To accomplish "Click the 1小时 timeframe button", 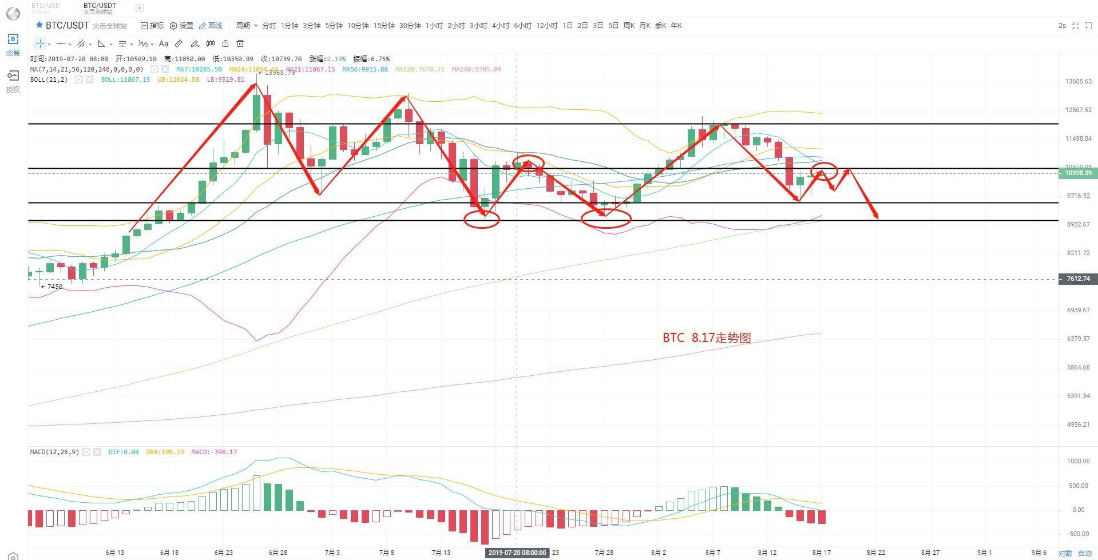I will tap(434, 26).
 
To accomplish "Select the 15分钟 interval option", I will tap(384, 26).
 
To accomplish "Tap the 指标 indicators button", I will tap(152, 26).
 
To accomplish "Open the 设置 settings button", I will tap(182, 26).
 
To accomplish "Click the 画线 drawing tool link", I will tap(211, 26).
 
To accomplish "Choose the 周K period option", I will tap(629, 26).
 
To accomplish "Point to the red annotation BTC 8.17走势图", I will tap(707, 338).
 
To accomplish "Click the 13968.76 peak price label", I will tap(279, 73).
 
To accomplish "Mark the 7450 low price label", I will tap(54, 287).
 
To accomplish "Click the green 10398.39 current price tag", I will tap(1078, 173).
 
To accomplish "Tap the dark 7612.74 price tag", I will tap(1078, 279).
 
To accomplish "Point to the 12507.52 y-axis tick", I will tap(1078, 110).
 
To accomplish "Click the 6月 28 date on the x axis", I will tap(278, 553).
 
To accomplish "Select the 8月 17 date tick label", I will tap(821, 553).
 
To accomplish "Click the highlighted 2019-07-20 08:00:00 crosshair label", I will tap(517, 553).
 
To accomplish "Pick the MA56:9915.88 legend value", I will tap(365, 69).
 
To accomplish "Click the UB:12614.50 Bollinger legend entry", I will tap(178, 80).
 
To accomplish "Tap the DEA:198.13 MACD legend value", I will tap(165, 452).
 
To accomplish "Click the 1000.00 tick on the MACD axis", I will tap(1078, 461).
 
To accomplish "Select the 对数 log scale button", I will tap(1065, 553).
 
